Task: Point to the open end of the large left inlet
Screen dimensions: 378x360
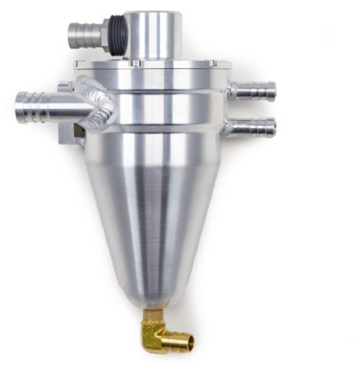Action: coord(20,104)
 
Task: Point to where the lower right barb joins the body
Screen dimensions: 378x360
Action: coord(230,128)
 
